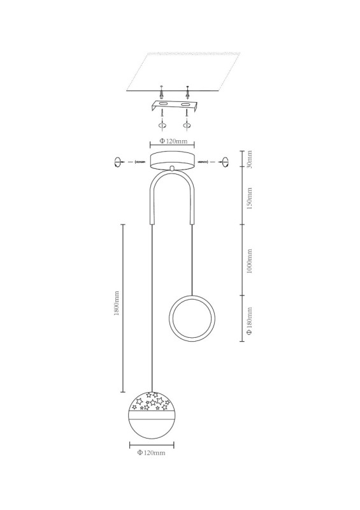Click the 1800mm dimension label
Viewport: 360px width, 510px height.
point(117,303)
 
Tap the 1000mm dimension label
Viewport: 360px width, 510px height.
point(249,261)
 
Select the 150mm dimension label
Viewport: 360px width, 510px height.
point(249,198)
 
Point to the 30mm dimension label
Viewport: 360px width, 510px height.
point(249,159)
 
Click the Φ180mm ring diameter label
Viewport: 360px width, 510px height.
point(249,321)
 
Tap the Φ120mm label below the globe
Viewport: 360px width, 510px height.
point(151,453)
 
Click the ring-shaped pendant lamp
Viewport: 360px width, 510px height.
point(192,296)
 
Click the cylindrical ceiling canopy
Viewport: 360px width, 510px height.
point(173,161)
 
